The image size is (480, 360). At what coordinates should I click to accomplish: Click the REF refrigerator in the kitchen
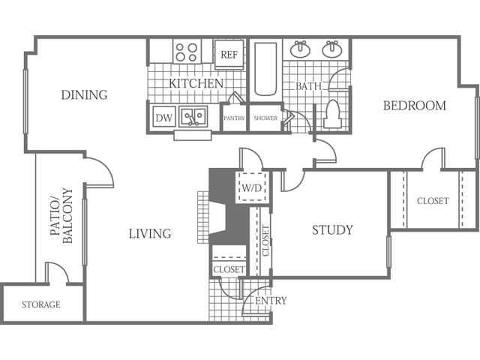click(x=229, y=54)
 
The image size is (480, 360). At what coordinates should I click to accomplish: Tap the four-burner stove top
click(x=187, y=51)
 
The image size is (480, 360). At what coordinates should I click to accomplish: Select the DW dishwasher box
click(x=164, y=117)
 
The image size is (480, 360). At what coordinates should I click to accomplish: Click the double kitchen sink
click(x=193, y=116)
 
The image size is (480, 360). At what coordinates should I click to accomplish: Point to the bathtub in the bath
click(x=265, y=69)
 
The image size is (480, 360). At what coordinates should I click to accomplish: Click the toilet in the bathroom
click(x=332, y=114)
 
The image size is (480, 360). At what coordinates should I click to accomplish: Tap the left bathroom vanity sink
click(x=300, y=49)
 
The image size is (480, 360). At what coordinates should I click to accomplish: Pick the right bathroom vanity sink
click(x=332, y=49)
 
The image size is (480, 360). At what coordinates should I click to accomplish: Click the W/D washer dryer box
click(x=252, y=187)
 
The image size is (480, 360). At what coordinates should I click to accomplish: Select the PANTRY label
click(x=234, y=118)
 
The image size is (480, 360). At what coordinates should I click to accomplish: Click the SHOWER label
click(x=265, y=118)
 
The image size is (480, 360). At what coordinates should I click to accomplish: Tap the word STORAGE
click(x=41, y=304)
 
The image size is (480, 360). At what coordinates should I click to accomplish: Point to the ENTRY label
click(x=271, y=301)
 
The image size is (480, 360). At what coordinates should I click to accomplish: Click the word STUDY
click(x=332, y=230)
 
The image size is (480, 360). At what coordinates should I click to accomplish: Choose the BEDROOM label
click(x=415, y=106)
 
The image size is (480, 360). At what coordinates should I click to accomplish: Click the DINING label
click(x=84, y=95)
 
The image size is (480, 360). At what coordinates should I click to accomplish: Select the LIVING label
click(x=150, y=233)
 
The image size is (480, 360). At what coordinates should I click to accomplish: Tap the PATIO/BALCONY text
click(x=61, y=215)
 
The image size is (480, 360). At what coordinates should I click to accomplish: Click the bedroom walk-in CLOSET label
click(x=433, y=201)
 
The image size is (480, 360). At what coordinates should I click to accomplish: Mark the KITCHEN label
click(x=196, y=83)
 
